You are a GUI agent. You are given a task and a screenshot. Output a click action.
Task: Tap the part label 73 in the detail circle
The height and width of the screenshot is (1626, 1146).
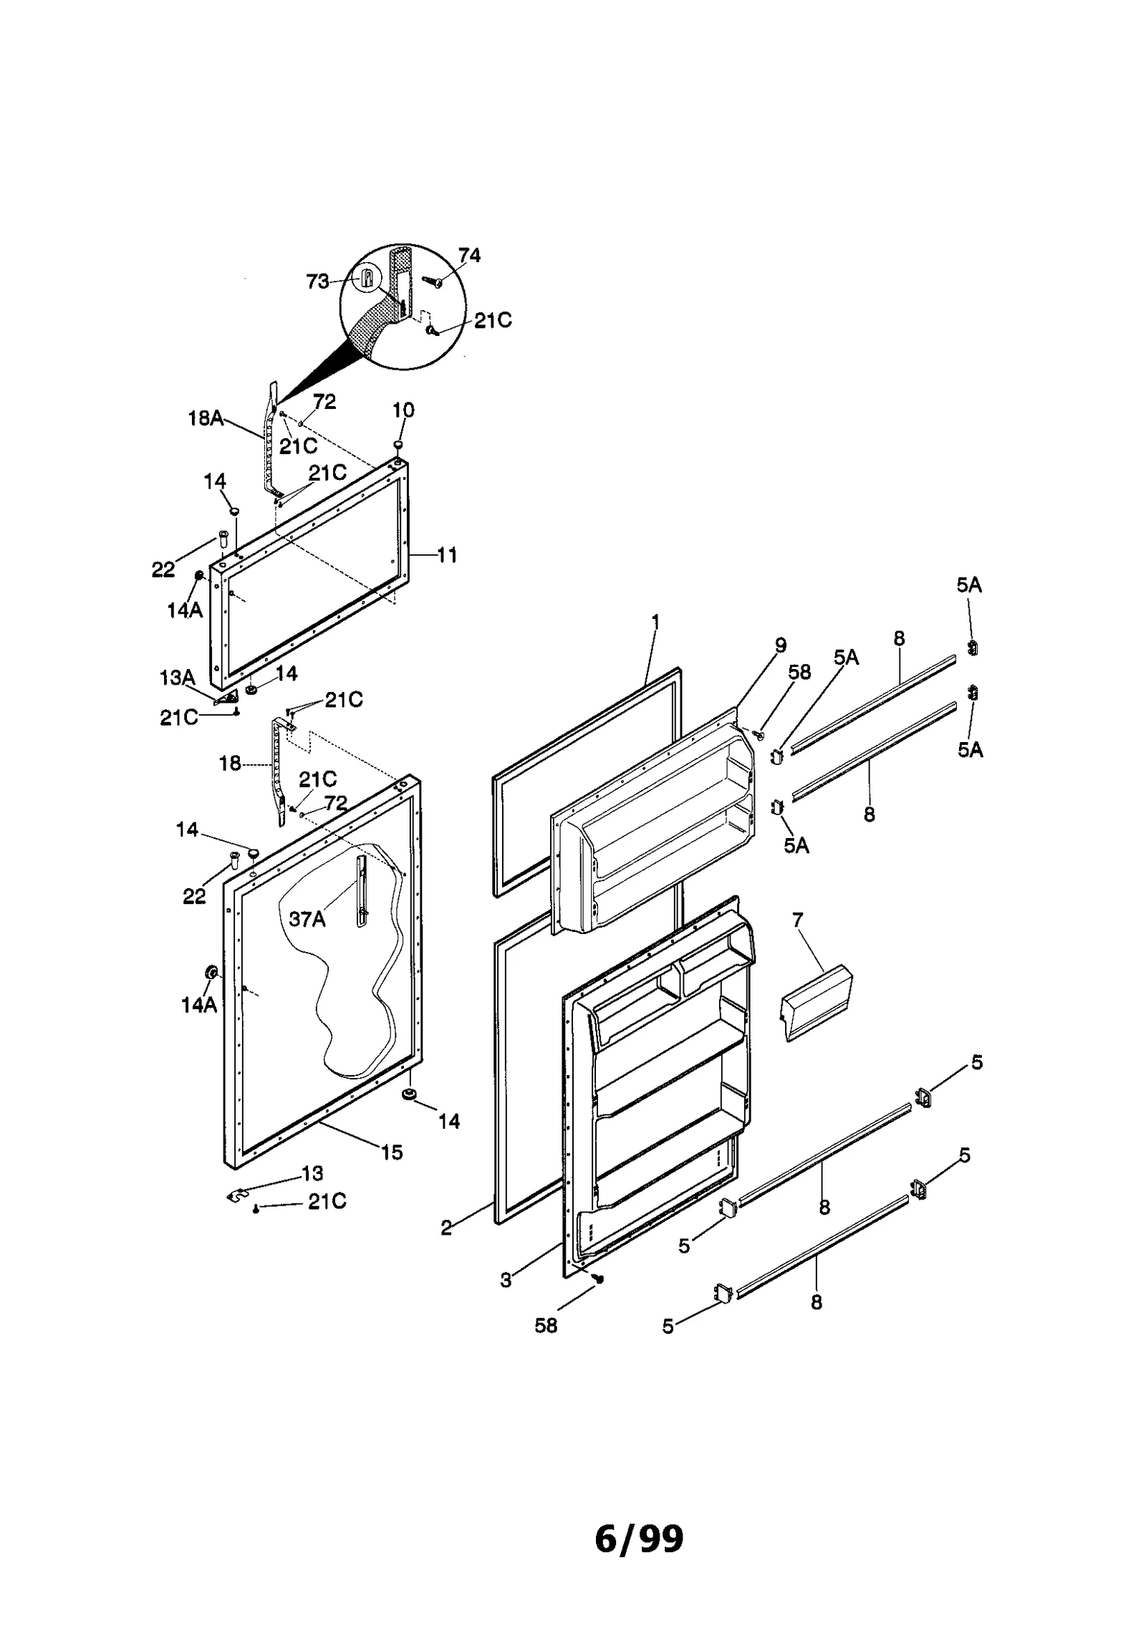pos(317,282)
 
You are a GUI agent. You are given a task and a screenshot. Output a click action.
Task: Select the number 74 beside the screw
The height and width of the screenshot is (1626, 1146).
pos(469,256)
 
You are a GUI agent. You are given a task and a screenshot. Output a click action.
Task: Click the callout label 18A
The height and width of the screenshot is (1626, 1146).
pos(206,418)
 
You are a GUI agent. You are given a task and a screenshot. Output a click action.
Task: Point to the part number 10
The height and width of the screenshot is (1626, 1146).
pos(403,410)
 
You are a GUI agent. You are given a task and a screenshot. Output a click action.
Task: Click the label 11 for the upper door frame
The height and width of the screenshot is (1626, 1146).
pos(447,554)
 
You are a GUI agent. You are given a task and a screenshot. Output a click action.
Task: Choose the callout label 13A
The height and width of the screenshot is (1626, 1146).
pos(177,678)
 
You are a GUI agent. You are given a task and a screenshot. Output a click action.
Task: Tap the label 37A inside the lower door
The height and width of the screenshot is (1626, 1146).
pos(307,919)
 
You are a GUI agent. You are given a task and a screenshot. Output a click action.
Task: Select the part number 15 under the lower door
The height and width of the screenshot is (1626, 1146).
pos(392,1153)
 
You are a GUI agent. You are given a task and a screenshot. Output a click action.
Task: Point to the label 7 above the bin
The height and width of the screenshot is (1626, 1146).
pos(798,919)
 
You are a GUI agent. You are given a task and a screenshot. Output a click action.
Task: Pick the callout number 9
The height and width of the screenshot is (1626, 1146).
pos(780,645)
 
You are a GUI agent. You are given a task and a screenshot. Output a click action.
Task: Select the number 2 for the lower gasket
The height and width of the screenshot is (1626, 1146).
pos(446,1228)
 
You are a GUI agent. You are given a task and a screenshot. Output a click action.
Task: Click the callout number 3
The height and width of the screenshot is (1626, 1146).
pos(506,1280)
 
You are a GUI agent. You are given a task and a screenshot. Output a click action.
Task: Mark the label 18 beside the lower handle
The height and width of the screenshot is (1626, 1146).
pos(230,764)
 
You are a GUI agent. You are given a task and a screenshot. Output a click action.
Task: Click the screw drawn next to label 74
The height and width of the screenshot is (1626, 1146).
pos(433,282)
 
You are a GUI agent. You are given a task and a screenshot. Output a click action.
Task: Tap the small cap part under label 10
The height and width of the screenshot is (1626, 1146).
pos(398,446)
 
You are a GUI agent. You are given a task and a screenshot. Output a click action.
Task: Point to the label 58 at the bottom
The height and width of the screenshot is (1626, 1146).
pos(546,1325)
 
